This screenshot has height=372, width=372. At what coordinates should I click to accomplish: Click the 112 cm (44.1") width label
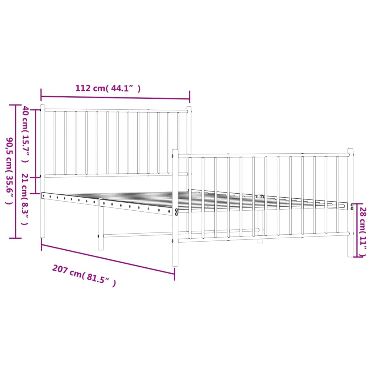[x=108, y=88]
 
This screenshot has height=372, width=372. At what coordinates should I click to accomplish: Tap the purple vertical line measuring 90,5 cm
[x=16, y=171]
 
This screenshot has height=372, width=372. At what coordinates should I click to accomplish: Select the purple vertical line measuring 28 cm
[x=357, y=230]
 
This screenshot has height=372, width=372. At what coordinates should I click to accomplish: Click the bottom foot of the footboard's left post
[x=175, y=264]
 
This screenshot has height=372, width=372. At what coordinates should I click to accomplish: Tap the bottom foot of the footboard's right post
[x=351, y=255]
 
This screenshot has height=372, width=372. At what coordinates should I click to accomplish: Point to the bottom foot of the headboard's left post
[x=43, y=236]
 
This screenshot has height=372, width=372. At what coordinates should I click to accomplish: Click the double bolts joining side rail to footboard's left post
[x=177, y=212]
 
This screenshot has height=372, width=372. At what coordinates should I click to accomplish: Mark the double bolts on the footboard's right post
[x=352, y=207]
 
